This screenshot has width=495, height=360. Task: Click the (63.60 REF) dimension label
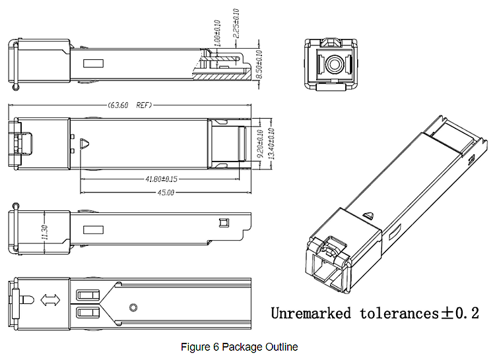[129, 105]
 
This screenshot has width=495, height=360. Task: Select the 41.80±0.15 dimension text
[160, 179]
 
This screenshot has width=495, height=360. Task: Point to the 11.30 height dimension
[44, 231]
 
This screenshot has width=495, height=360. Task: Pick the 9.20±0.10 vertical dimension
[260, 142]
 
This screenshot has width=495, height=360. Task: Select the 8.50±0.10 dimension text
[259, 65]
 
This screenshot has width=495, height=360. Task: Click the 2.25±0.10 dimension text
[236, 24]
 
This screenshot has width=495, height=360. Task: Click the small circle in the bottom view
[133, 307]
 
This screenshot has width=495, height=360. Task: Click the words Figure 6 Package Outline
[240, 347]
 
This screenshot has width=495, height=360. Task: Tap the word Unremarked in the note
[310, 313]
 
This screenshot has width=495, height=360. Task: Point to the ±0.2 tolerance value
[459, 313]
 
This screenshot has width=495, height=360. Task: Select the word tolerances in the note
[397, 313]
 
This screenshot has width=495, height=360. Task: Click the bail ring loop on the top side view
[15, 86]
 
